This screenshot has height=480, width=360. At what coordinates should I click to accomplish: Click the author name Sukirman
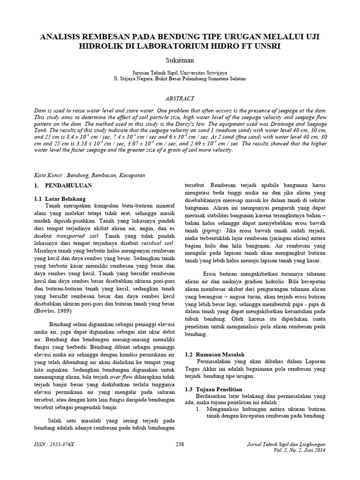[180, 61]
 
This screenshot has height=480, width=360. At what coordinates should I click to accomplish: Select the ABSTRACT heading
[180, 99]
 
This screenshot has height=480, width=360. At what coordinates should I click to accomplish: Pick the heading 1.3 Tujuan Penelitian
[213, 390]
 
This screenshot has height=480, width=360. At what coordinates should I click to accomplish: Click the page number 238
[180, 444]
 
